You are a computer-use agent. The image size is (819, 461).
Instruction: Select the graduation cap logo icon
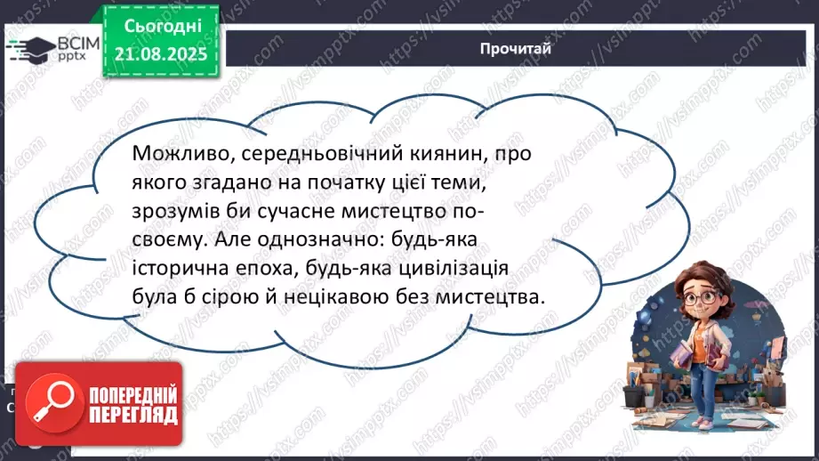[31, 47]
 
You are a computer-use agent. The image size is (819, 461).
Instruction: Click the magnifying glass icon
[44, 401]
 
